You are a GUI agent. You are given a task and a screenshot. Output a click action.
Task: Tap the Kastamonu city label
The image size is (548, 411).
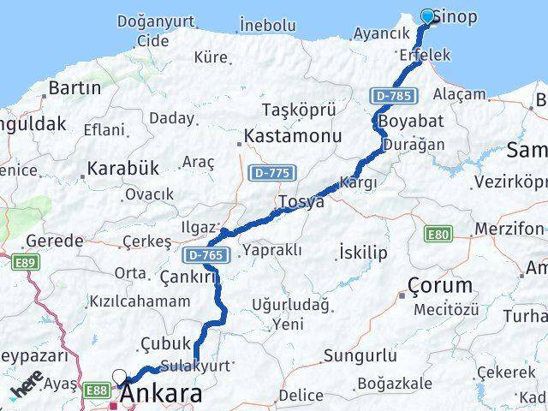click(293, 136)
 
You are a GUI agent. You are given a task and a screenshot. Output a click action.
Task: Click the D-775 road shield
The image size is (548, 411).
click(272, 173)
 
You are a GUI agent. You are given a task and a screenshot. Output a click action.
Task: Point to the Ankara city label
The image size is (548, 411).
click(163, 395)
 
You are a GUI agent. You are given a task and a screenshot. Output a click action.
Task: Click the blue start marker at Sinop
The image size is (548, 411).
click(428, 16)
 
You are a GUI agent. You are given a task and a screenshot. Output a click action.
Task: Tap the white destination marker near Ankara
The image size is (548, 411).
click(120, 376)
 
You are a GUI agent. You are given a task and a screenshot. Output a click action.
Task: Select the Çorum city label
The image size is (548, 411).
click(440, 285)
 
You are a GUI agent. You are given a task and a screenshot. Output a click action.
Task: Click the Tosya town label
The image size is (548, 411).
click(301, 203)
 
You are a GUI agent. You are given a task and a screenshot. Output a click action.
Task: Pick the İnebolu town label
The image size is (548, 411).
click(268, 26)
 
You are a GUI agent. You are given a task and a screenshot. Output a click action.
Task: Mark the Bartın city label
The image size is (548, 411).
click(74, 87)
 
